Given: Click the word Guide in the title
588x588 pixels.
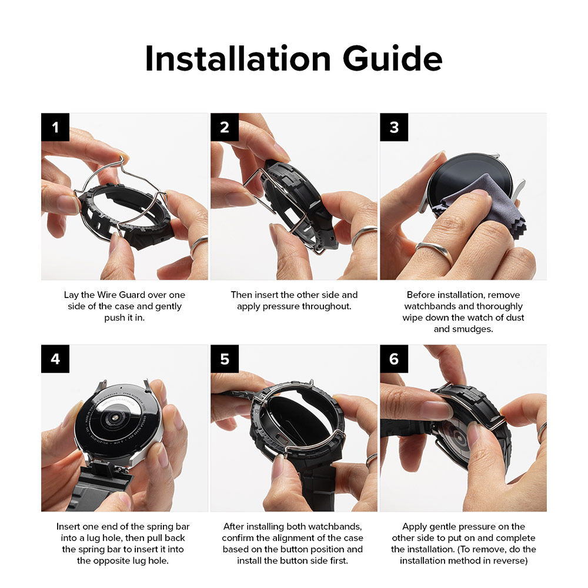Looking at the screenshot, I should point(390,59).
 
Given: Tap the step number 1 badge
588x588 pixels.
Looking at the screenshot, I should point(55,127).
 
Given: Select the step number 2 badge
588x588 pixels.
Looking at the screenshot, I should point(225,127).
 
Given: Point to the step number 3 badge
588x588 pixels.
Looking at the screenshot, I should point(394,127).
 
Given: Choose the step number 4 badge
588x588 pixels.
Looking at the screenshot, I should point(55,359).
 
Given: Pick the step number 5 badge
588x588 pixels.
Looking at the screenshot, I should point(225,359).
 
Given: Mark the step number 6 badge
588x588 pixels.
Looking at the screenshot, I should point(394,359).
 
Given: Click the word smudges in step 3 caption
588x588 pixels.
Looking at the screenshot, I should point(472,329).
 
